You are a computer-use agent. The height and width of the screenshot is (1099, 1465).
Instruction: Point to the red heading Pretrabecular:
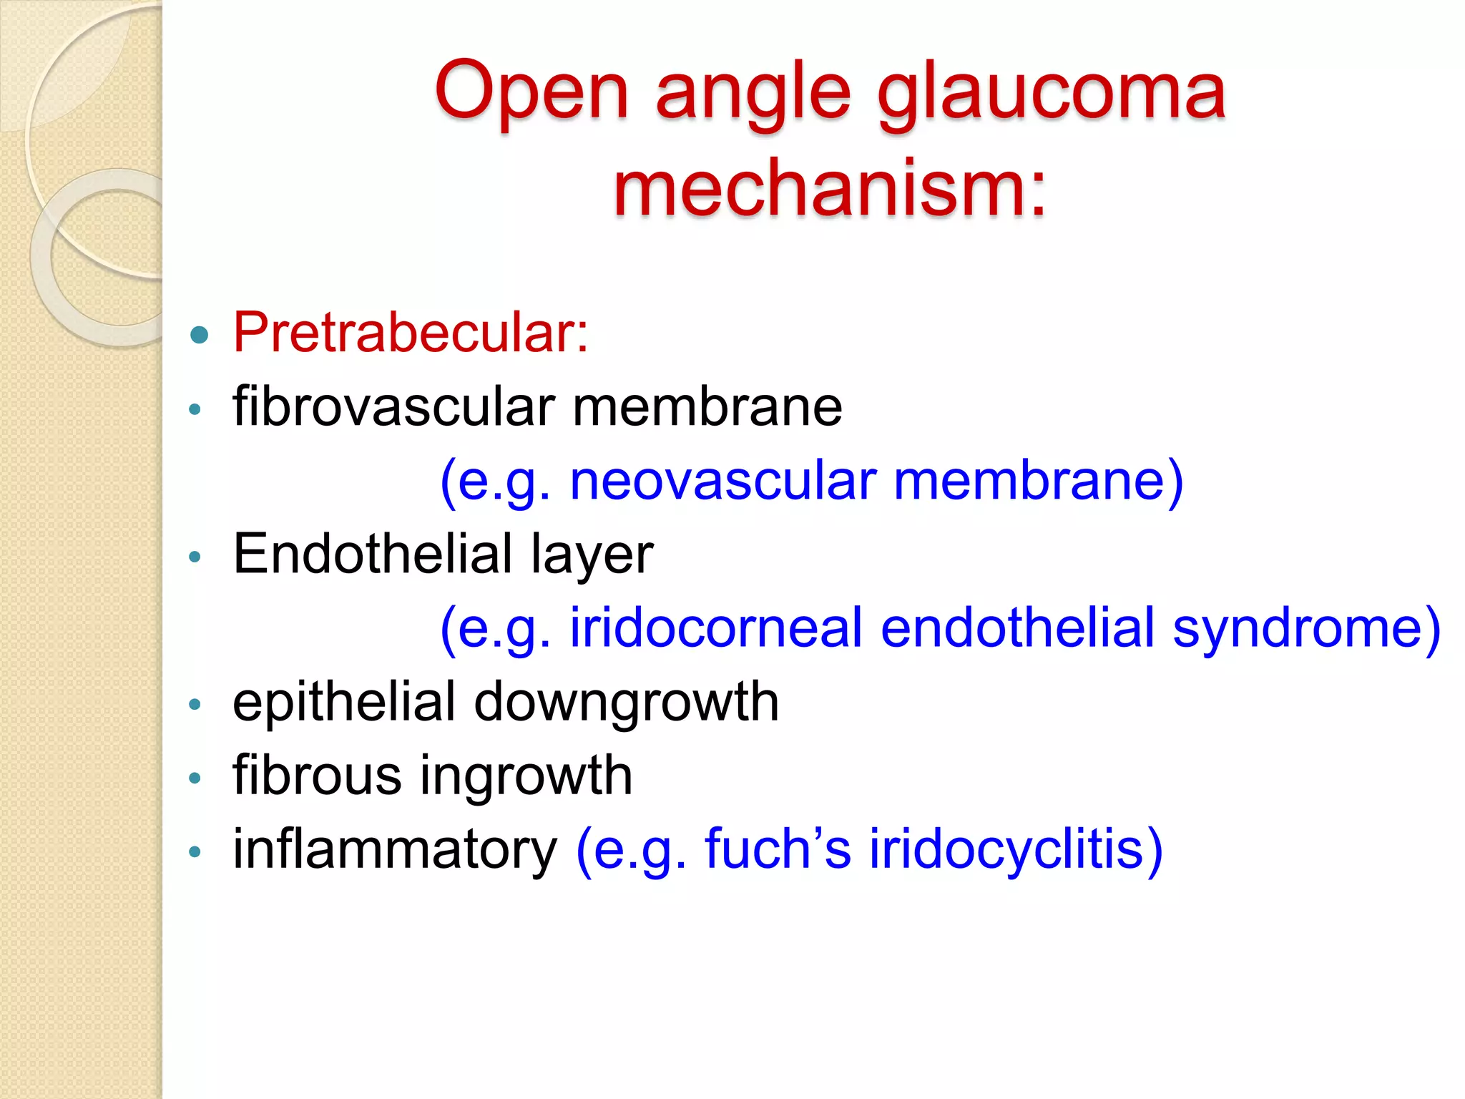pyautogui.click(x=411, y=333)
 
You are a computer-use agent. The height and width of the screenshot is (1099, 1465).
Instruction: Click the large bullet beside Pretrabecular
pyautogui.click(x=200, y=334)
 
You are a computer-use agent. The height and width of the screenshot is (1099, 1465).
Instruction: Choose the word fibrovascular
pyautogui.click(x=394, y=406)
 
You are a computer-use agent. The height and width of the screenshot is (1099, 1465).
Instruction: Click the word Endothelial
pyautogui.click(x=373, y=554)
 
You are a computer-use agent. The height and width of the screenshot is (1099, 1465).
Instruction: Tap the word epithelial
pyautogui.click(x=344, y=703)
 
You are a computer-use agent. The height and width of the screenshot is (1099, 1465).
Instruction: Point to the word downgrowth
pyautogui.click(x=626, y=703)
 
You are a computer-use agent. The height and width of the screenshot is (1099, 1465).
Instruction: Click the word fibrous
pyautogui.click(x=317, y=776)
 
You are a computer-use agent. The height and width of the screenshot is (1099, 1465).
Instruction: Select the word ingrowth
pyautogui.click(x=526, y=777)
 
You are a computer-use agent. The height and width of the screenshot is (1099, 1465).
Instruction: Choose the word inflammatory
pyautogui.click(x=394, y=850)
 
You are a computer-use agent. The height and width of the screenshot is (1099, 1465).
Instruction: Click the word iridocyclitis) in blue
pyautogui.click(x=1016, y=850)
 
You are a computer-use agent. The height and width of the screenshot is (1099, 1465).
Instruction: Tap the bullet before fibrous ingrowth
pyautogui.click(x=195, y=777)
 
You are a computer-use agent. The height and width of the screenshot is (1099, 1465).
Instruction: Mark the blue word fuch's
pyautogui.click(x=778, y=849)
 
